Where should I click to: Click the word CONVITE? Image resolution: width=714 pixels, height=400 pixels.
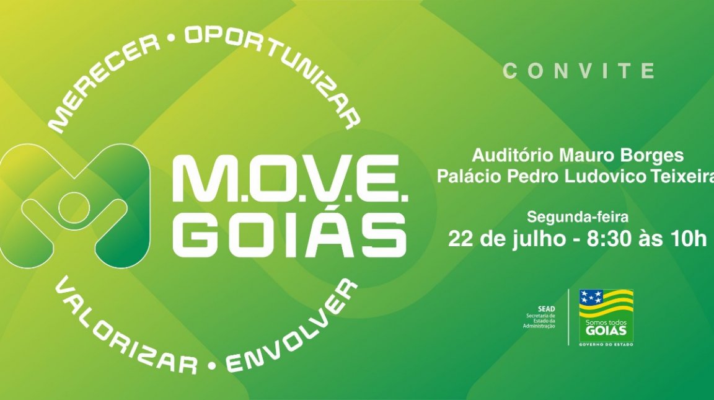579,71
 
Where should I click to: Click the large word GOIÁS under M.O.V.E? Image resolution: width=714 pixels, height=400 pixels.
290,234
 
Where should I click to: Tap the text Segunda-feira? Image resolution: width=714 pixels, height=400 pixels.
578,217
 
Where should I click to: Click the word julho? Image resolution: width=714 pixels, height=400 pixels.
539,239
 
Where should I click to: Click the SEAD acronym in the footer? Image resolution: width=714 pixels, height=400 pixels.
547,309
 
